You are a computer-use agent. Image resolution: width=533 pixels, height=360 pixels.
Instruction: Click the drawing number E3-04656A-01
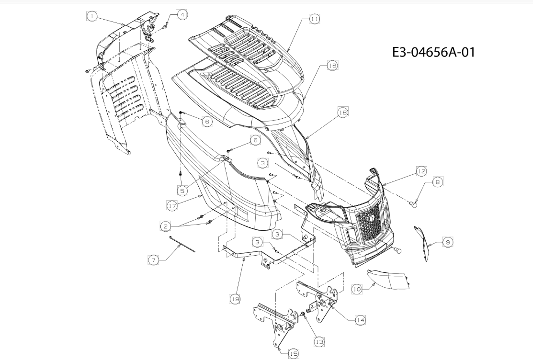click(x=433, y=52)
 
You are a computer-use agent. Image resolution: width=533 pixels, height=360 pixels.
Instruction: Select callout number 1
click(x=92, y=16)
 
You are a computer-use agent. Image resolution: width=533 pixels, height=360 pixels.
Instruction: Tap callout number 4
click(x=182, y=15)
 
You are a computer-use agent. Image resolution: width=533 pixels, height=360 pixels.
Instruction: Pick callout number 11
click(x=315, y=19)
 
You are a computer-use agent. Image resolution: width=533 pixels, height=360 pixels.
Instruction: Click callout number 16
click(x=332, y=65)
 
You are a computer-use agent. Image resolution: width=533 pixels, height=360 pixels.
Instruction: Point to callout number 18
click(x=343, y=112)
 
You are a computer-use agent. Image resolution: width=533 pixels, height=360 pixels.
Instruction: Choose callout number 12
click(x=421, y=171)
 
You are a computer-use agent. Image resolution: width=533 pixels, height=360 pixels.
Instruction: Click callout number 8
click(x=438, y=182)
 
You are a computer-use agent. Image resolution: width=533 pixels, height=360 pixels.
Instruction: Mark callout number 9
click(x=448, y=242)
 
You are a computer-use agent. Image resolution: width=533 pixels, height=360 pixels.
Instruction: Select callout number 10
click(x=357, y=289)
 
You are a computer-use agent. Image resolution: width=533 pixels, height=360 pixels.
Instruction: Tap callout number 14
click(x=360, y=320)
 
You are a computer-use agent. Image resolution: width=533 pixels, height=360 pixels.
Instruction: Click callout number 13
click(x=319, y=342)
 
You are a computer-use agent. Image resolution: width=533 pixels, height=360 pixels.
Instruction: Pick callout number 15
click(x=294, y=354)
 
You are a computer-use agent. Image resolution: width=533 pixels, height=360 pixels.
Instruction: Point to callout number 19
click(x=235, y=299)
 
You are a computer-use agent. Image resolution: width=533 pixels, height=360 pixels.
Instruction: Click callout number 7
click(x=154, y=260)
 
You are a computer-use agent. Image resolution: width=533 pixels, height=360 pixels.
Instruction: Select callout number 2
click(x=166, y=226)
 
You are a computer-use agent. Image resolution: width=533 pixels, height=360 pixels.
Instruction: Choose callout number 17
click(x=172, y=206)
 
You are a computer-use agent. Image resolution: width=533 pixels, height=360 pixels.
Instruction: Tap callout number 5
click(x=182, y=191)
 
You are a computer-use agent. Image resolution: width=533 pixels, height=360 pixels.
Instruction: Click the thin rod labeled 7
click(x=182, y=244)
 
